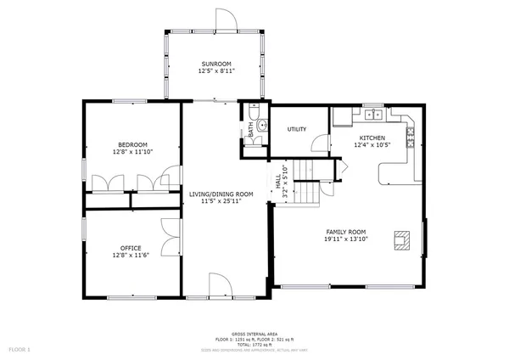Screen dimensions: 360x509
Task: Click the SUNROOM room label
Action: pyautogui.click(x=215, y=65)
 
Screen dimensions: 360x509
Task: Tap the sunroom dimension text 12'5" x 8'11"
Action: pyautogui.click(x=215, y=72)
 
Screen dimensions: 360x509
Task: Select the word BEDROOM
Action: pyautogui.click(x=133, y=144)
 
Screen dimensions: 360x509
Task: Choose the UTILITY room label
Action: pyautogui.click(x=296, y=129)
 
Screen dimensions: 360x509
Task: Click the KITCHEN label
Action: pyautogui.click(x=372, y=138)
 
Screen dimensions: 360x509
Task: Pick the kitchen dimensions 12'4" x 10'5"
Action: pyautogui.click(x=372, y=145)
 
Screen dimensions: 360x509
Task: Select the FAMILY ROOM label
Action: pyautogui.click(x=346, y=232)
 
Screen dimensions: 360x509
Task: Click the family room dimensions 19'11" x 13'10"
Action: pyautogui.click(x=346, y=239)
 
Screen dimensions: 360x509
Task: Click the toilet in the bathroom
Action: pyautogui.click(x=254, y=112)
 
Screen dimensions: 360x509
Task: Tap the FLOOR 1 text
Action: pyautogui.click(x=20, y=349)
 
